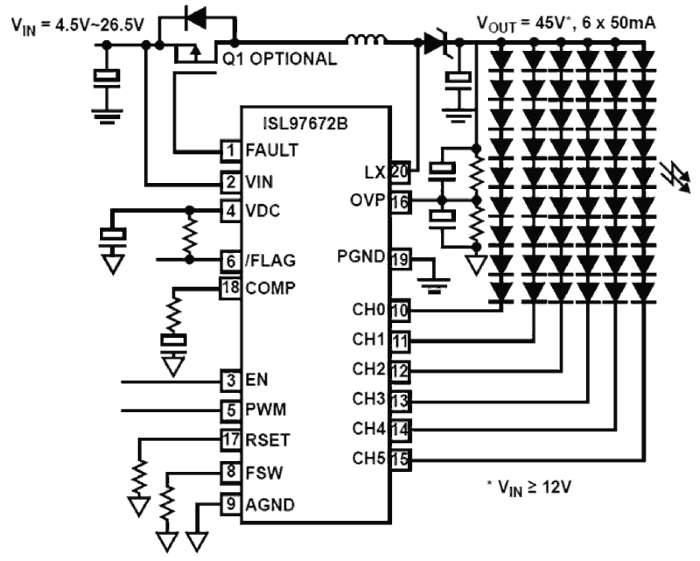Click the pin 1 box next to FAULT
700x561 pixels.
(x=231, y=150)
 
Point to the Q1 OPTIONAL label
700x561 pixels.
(x=280, y=59)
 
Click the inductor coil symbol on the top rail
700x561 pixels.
(x=366, y=40)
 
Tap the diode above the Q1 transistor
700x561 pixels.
(x=196, y=18)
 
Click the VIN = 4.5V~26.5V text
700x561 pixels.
(x=78, y=25)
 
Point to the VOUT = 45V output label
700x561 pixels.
(x=566, y=23)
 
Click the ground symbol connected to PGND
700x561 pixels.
(x=433, y=284)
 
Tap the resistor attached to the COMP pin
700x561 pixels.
(x=174, y=313)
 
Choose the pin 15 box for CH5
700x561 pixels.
(x=399, y=460)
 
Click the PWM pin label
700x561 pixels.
(x=265, y=409)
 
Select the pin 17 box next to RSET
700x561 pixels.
(x=231, y=439)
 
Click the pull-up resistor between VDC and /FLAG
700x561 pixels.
(x=190, y=235)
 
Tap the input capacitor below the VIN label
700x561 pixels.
(x=108, y=78)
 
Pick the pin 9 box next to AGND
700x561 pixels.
(x=231, y=504)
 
